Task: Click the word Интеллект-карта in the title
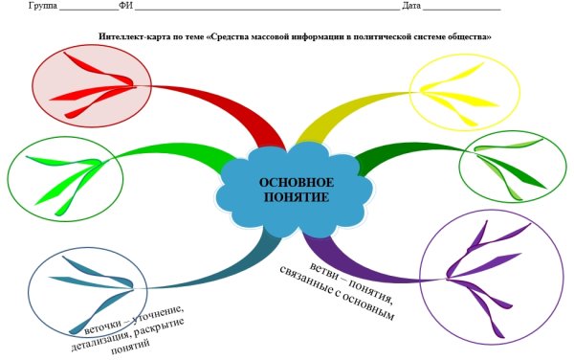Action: click(x=130, y=36)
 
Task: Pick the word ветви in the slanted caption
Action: click(x=319, y=268)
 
